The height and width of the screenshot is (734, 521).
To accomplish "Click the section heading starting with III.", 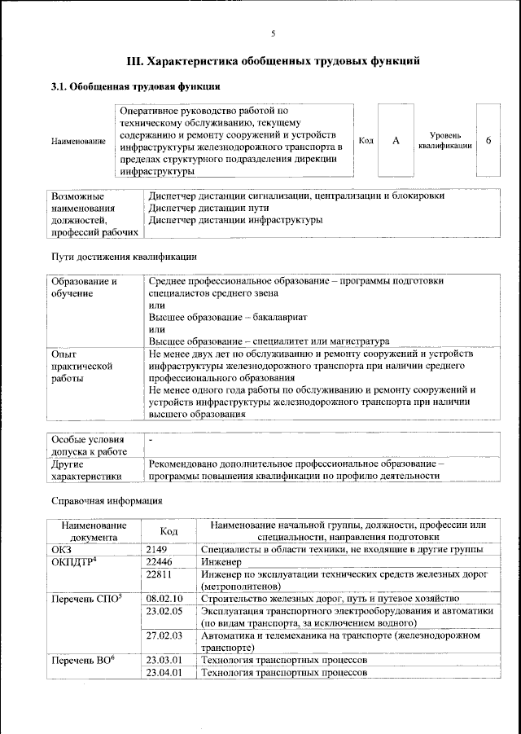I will click(274, 61).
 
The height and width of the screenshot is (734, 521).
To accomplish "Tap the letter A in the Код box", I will click(396, 141).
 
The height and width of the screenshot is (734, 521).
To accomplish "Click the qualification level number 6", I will click(488, 141).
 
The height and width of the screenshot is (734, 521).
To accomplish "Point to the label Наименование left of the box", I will click(78, 142).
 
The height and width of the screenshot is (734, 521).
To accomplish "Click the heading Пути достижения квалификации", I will click(124, 257).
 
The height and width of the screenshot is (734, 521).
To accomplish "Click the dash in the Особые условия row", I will click(151, 439).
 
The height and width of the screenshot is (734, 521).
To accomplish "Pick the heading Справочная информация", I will click(106, 499).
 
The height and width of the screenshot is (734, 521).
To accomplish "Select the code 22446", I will click(160, 562).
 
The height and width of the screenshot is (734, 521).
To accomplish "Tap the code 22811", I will click(160, 574).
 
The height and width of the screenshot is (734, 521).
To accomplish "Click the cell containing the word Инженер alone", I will click(221, 562).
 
